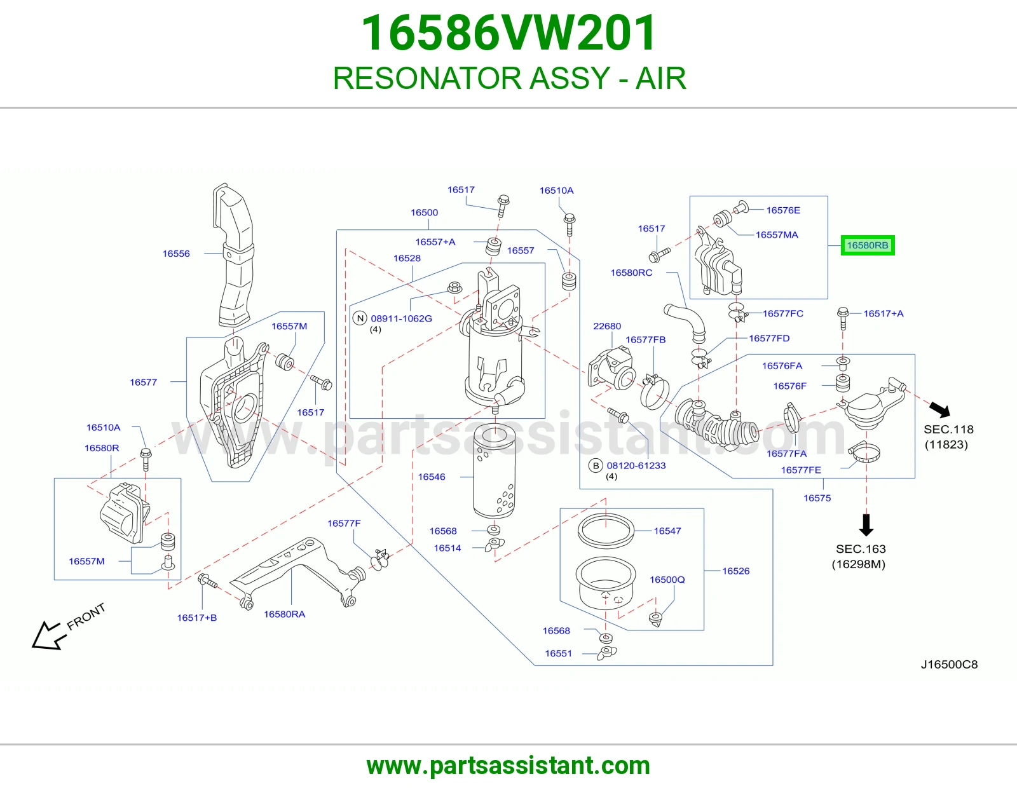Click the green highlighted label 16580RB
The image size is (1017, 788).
tap(867, 245)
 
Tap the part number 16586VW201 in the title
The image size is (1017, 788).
tap(509, 33)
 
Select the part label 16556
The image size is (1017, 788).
tap(176, 254)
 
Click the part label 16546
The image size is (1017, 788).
tap(432, 477)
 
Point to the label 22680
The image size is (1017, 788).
tap(607, 326)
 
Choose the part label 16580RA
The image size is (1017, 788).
tap(285, 614)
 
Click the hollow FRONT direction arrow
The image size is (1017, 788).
tap(46, 636)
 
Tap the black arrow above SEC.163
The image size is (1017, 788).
tap(866, 525)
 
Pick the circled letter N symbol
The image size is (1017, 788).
tap(360, 318)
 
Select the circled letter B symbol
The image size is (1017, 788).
tap(596, 466)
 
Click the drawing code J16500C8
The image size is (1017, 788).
tap(949, 665)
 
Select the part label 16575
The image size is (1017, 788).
tap(817, 498)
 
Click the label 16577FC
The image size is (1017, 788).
tap(783, 313)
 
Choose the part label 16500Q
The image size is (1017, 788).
tap(667, 580)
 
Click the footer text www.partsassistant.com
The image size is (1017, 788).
tap(508, 766)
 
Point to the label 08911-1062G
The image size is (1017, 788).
tap(401, 318)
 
